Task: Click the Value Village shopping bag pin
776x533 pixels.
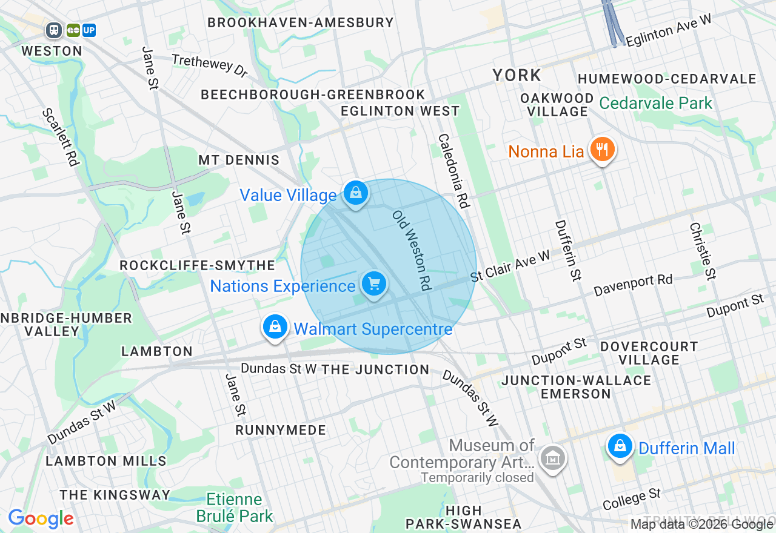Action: tap(356, 193)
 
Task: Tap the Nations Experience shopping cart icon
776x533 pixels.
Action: tap(374, 283)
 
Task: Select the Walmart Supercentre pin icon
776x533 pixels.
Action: tap(275, 327)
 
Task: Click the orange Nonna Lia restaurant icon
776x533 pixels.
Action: tap(601, 149)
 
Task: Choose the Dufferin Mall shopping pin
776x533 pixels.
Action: tap(620, 447)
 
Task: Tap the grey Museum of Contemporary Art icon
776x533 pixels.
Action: tap(553, 459)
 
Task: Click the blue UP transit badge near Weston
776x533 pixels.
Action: tap(89, 30)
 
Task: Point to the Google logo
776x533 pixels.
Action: tap(41, 518)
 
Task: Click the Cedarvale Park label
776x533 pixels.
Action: tap(656, 103)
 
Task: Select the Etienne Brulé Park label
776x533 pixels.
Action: tap(235, 508)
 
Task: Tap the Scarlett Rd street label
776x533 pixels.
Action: tap(61, 137)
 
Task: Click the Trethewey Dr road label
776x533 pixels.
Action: tap(210, 65)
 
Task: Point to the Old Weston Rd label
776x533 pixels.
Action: tap(411, 250)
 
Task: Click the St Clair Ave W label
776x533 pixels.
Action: tap(510, 266)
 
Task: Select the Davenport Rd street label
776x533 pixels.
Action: tap(633, 285)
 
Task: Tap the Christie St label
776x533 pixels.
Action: tap(703, 251)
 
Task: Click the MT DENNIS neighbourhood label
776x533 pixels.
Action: tap(239, 160)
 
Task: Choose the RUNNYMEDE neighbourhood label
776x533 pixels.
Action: tap(281, 430)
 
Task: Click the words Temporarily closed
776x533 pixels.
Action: tap(477, 477)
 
